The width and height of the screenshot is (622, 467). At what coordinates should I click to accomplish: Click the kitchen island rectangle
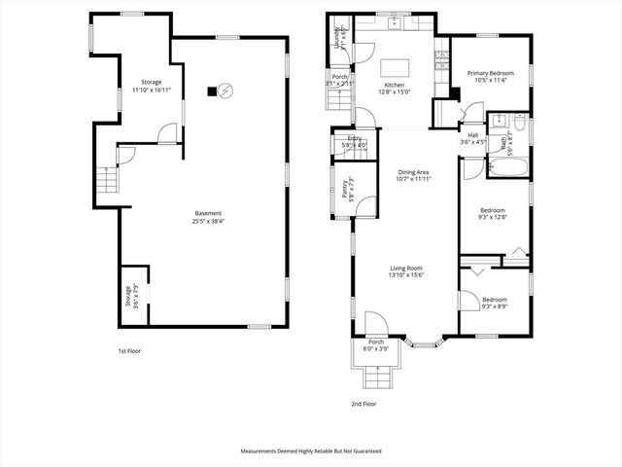[394, 68]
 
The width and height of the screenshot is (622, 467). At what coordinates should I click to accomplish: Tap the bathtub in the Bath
[506, 168]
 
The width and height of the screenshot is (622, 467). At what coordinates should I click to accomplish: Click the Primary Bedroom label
[490, 73]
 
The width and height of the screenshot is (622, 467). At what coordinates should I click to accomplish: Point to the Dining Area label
[413, 172]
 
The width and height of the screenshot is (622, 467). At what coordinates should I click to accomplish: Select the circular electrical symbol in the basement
[225, 90]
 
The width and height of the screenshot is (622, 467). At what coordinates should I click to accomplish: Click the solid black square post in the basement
[210, 91]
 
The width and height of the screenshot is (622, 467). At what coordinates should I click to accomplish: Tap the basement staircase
[105, 181]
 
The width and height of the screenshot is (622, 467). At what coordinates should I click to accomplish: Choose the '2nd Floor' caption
[363, 404]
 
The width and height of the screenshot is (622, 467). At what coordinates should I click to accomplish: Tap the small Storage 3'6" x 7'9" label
[126, 296]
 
